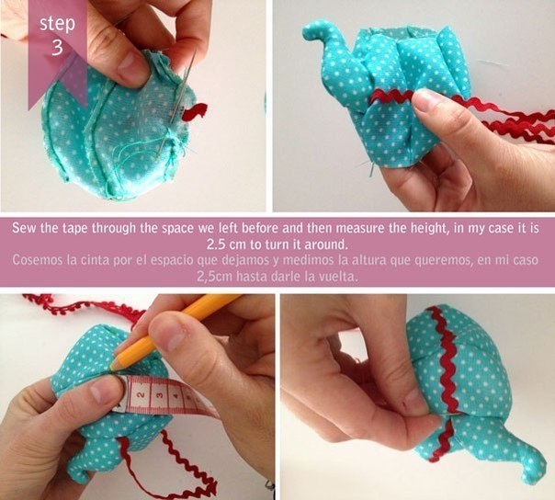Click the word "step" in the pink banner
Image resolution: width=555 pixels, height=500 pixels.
tap(57, 24)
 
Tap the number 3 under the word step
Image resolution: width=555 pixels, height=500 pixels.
tap(57, 47)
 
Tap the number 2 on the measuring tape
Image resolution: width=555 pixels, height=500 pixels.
tap(140, 394)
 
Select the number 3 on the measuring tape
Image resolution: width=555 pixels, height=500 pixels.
tap(159, 396)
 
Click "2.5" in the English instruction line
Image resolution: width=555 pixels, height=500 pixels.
tap(217, 244)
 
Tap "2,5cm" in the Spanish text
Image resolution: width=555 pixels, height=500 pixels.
tap(214, 277)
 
